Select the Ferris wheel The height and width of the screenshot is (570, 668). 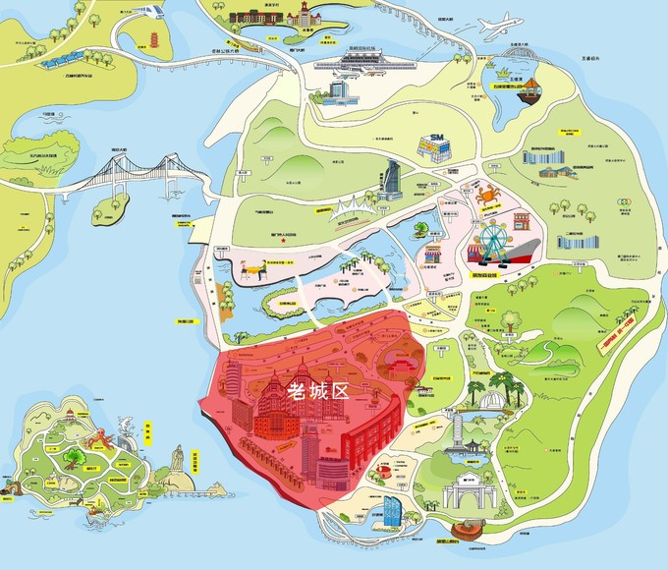(x=490, y=239)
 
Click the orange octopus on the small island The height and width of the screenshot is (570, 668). (x=73, y=456)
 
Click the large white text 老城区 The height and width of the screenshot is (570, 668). (x=316, y=390)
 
